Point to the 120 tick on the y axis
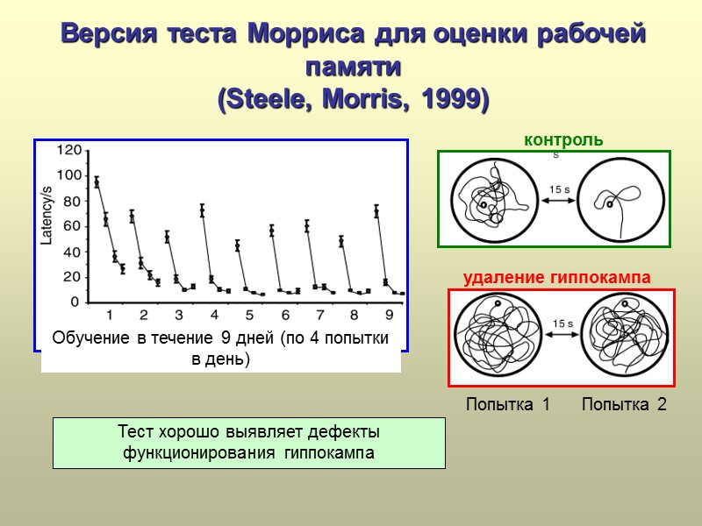pos(68,151)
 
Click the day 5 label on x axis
pos(249,314)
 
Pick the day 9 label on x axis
pos(390,314)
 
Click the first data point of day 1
pos(97,182)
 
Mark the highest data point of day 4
pos(203,210)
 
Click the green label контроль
pos(562,139)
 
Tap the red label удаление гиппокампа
pos(556,277)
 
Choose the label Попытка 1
pos(506,404)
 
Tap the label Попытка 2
pos(624,404)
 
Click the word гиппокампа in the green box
pos(331,453)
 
